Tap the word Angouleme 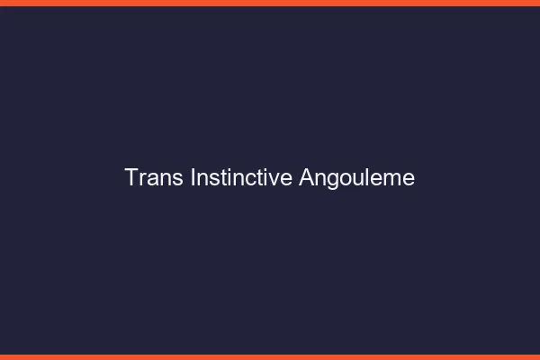click(357, 178)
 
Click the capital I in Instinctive click(193, 177)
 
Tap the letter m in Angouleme click(392, 179)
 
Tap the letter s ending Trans click(179, 179)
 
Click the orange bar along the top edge click(270, 3)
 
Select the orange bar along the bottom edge click(270, 356)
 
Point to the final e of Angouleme click(409, 179)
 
